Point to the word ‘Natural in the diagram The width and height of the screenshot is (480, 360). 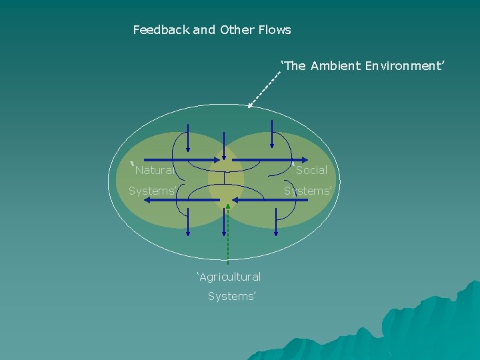[154, 170]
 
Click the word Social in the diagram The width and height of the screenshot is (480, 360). [311, 170]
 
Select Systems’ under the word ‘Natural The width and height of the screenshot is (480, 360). [153, 191]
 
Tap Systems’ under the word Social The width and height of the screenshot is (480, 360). [307, 191]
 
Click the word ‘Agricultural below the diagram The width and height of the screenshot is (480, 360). [229, 277]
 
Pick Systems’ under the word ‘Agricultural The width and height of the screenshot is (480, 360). [231, 296]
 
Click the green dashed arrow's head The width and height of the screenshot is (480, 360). [227, 206]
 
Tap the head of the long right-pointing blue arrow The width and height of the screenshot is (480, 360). [303, 161]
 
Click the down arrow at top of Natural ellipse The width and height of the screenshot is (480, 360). [188, 149]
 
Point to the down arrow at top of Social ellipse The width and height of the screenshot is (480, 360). [272, 146]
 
